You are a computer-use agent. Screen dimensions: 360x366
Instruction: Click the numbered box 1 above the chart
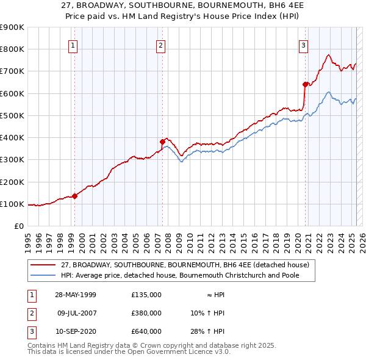point(73,45)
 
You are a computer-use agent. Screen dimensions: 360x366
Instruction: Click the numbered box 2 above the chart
point(160,45)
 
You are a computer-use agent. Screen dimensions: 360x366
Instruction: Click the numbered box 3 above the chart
point(303,45)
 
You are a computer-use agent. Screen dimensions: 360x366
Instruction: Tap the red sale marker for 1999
point(74,196)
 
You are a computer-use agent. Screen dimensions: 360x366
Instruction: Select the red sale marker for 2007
point(163,142)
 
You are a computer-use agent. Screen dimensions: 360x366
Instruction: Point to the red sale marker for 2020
point(305,84)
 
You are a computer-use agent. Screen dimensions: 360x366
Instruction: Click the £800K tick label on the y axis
point(12,49)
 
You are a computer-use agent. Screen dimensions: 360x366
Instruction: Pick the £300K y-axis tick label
point(12,160)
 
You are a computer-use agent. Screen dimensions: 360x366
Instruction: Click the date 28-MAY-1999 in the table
point(76,295)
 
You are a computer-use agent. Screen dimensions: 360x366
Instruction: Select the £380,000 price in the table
point(146,313)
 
